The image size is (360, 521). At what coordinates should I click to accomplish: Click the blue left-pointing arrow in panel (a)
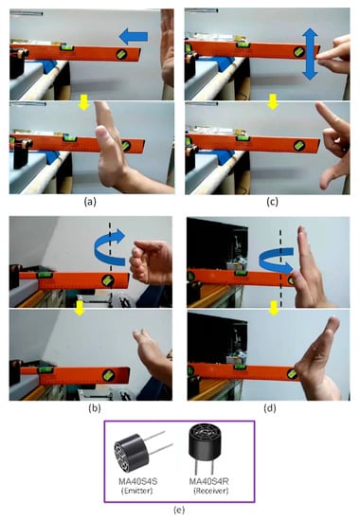(134, 37)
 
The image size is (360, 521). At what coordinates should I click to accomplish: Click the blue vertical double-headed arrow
(310, 54)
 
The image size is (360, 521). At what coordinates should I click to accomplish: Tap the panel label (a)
(90, 202)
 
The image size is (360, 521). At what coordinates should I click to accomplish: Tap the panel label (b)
(95, 408)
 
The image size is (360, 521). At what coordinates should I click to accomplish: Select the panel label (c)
(272, 202)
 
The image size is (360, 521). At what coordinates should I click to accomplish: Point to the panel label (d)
(270, 408)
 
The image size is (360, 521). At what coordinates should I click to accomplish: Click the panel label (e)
(179, 510)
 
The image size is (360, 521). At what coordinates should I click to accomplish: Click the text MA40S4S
(138, 481)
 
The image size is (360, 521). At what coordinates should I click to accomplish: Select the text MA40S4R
(209, 481)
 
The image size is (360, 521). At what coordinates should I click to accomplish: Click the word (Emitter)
(137, 491)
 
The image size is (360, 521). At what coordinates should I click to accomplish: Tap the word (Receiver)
(210, 491)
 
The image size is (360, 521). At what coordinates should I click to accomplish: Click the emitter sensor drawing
(139, 452)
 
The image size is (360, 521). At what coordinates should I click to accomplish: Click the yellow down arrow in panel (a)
(83, 102)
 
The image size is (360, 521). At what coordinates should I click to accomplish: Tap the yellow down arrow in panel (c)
(273, 101)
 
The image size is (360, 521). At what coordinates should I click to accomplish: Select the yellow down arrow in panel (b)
(80, 308)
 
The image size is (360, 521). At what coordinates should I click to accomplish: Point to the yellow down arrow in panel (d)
(274, 308)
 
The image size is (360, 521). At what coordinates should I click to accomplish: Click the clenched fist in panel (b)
(149, 262)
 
